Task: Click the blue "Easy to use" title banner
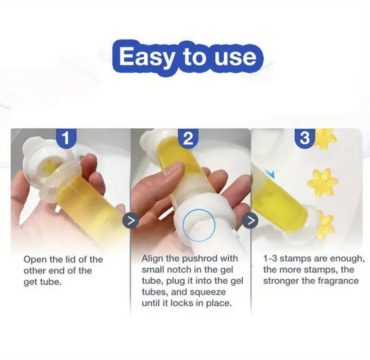coord(188,58)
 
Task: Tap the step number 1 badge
coord(66,138)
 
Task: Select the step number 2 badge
coord(188,139)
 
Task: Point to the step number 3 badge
coord(305,138)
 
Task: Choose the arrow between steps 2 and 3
coord(251,220)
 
